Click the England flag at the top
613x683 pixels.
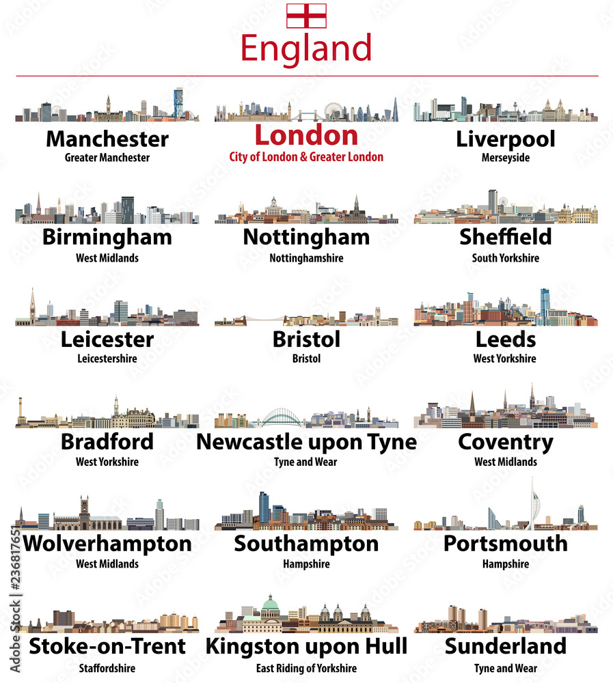[x=306, y=16]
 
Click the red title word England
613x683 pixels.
[x=306, y=49]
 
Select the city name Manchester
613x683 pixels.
[x=107, y=139]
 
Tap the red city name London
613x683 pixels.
[x=306, y=135]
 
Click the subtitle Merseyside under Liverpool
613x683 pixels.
[x=505, y=158]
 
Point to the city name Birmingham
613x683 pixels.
[x=107, y=238]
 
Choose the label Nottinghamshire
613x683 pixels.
[x=306, y=258]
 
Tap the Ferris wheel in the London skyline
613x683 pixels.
[x=333, y=111]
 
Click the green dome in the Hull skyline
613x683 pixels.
[x=271, y=602]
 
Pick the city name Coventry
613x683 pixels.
[x=506, y=442]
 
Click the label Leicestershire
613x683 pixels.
[x=107, y=359]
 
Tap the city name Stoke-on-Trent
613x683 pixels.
[x=107, y=646]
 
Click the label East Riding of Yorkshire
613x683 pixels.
[x=306, y=669]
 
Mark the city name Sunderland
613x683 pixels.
[x=506, y=646]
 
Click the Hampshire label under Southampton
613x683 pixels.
[x=306, y=564]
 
